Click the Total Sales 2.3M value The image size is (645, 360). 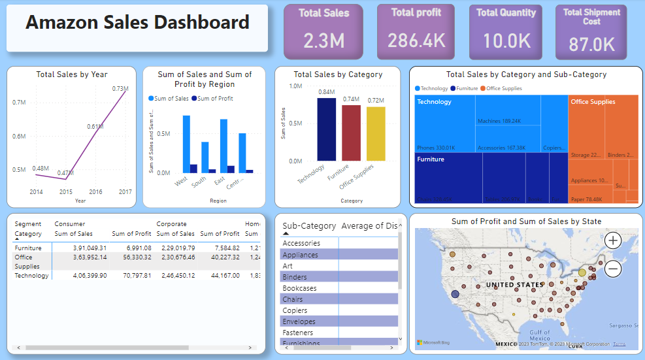[323, 41]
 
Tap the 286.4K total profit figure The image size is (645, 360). [416, 41]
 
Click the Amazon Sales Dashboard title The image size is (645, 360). [137, 23]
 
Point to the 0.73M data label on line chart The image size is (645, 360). [120, 88]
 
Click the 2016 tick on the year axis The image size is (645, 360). [95, 192]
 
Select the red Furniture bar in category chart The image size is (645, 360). [351, 133]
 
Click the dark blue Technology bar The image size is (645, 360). [326, 129]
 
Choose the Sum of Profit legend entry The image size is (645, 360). [214, 99]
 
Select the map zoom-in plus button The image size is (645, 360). [613, 240]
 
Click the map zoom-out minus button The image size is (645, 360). [613, 268]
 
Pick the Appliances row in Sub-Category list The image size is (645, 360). [301, 255]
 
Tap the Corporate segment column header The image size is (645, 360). [171, 224]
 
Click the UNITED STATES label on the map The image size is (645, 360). [514, 285]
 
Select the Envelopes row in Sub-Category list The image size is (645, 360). [299, 321]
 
